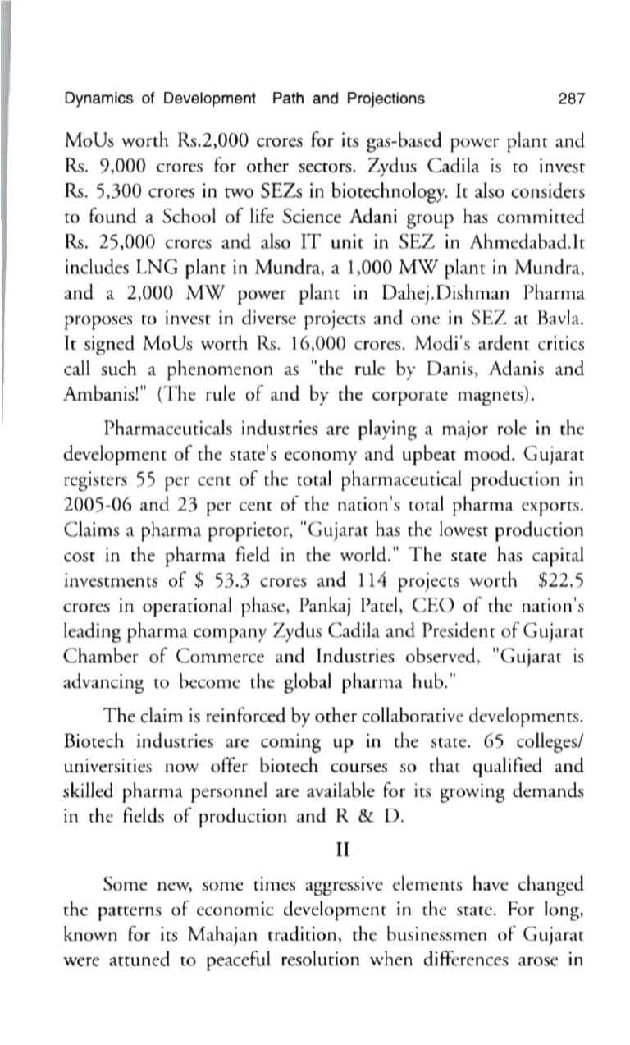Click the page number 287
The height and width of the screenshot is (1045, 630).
point(570,99)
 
